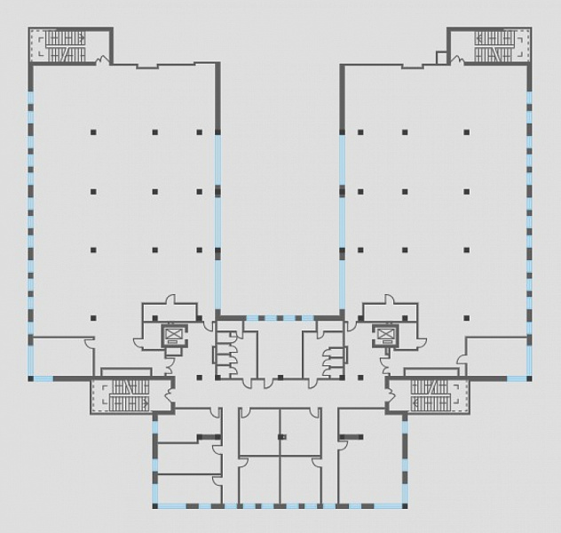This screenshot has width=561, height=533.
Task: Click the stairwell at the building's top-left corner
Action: (x=64, y=46)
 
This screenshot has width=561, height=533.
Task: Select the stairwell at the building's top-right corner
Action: (x=494, y=46)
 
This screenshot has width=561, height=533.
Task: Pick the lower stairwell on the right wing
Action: (x=434, y=394)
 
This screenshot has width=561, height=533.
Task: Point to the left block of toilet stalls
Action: (x=227, y=351)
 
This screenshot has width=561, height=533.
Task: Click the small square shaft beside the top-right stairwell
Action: (x=442, y=58)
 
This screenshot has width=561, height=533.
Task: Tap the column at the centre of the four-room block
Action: (x=280, y=436)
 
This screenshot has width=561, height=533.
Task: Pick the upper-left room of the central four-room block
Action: (x=259, y=431)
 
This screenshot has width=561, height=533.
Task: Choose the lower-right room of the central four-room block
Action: (x=302, y=480)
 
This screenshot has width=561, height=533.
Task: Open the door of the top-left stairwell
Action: (x=104, y=60)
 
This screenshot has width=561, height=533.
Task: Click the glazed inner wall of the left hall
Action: (x=217, y=222)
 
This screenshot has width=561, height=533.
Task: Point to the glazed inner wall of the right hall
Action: (x=343, y=222)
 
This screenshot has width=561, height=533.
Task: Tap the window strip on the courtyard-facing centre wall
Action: (x=280, y=318)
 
